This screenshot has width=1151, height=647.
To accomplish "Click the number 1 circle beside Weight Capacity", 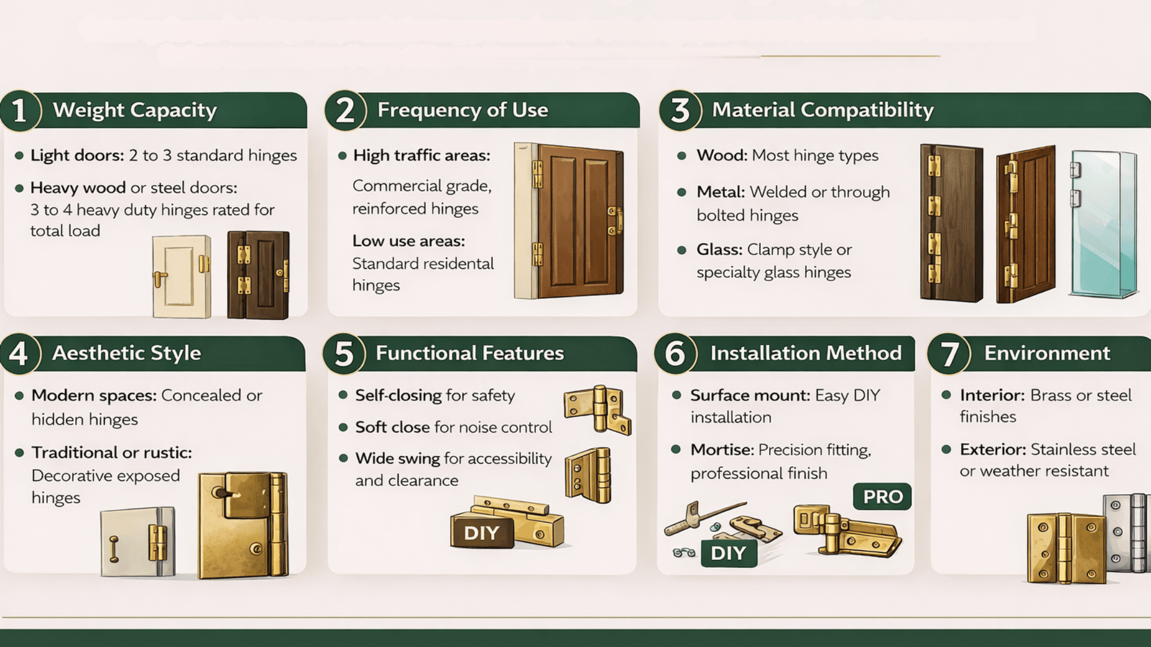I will (20, 111).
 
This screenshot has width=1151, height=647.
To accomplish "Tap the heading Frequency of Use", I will (462, 110).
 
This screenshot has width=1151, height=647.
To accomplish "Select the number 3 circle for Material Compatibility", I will (680, 111).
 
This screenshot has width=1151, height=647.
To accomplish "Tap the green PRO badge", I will (882, 497).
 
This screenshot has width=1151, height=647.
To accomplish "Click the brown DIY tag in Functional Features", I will (481, 533).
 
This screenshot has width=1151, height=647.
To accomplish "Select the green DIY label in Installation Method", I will (728, 553).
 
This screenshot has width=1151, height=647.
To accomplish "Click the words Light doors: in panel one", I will (77, 156).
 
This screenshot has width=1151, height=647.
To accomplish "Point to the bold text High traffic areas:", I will (421, 156).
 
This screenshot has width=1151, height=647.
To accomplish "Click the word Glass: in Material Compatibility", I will (719, 250).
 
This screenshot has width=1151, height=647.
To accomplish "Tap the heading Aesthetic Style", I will (126, 353).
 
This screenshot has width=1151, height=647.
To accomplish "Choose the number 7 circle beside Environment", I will (948, 353).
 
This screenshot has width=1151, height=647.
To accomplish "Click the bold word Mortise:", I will (722, 450).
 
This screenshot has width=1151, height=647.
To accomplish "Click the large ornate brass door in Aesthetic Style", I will (243, 525).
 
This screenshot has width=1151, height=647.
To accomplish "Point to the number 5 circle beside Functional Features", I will (344, 353).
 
